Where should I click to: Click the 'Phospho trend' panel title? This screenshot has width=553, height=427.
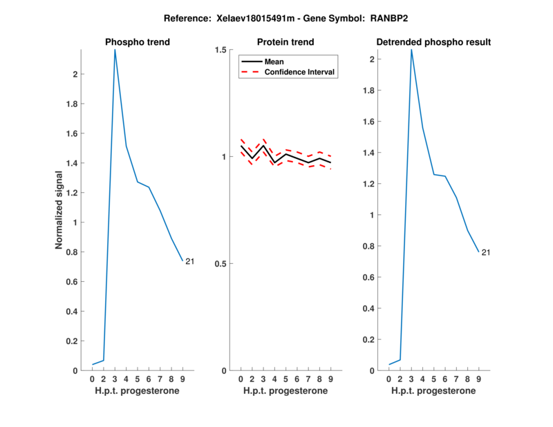(137, 42)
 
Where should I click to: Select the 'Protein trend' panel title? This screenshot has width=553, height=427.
(285, 42)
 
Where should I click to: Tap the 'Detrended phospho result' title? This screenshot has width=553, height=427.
(433, 42)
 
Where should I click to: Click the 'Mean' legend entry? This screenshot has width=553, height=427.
(274, 61)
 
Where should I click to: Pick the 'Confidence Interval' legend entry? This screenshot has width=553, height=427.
(300, 72)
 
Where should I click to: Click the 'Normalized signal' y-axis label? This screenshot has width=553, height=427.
(60, 210)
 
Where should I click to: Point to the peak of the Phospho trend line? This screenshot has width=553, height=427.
(115, 50)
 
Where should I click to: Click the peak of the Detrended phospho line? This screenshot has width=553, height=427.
(411, 50)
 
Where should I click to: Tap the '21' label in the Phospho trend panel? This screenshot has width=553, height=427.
(189, 261)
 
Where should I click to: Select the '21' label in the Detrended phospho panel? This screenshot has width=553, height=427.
(485, 252)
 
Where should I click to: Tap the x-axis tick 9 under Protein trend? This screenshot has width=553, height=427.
(330, 379)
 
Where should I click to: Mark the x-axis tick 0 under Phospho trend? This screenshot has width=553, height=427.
(93, 379)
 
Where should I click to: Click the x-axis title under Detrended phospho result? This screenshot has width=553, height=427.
(433, 390)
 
